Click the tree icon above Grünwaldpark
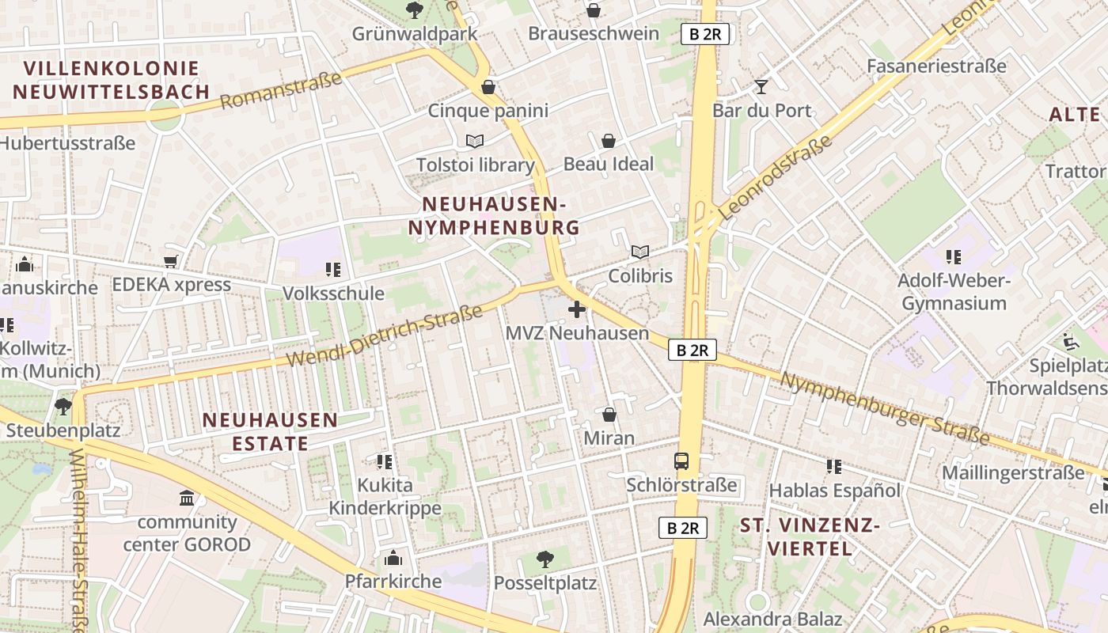click(x=413, y=9)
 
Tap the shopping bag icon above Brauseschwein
click(x=593, y=10)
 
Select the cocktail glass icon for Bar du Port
click(x=761, y=86)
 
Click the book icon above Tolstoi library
click(x=475, y=141)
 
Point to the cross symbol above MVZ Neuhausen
click(x=577, y=309)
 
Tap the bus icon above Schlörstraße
click(x=681, y=461)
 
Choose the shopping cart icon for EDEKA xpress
click(x=170, y=261)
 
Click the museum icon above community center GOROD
click(x=187, y=498)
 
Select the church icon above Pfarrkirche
click(x=393, y=558)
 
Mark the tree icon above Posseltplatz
click(x=545, y=559)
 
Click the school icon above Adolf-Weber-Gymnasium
click(x=953, y=257)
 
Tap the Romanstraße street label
click(x=280, y=90)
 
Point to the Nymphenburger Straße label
click(x=884, y=408)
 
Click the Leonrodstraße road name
click(x=776, y=177)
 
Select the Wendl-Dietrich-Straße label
click(x=384, y=336)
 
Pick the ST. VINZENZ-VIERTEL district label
click(x=809, y=536)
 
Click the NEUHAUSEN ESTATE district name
click(x=270, y=431)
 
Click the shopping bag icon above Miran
click(x=609, y=414)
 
